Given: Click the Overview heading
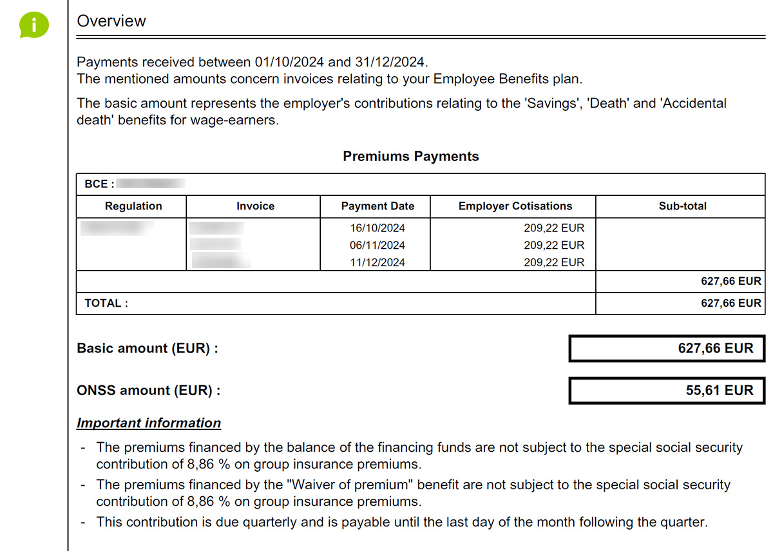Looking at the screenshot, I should point(111,21).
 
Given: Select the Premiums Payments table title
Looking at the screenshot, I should point(410,157).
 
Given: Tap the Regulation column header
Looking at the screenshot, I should point(133,206).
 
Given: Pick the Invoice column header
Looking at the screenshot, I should point(255,206).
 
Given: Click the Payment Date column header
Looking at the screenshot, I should point(377,206).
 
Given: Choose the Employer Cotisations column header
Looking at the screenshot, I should point(515,206).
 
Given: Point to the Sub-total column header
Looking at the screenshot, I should point(682,206).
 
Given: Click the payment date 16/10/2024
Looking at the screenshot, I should point(377,228).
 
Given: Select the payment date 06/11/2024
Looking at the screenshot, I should point(377,246).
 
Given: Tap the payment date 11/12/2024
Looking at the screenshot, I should point(377,263).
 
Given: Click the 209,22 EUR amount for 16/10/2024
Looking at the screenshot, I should point(554,228).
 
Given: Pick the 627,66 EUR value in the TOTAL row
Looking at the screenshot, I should point(730,303).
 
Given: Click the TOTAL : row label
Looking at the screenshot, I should point(106,303).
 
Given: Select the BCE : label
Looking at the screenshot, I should point(99,184).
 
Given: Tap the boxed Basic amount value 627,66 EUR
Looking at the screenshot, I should point(715,349).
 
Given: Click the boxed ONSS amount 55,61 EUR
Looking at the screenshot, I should point(719,391).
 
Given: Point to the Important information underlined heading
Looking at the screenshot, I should point(149,423).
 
